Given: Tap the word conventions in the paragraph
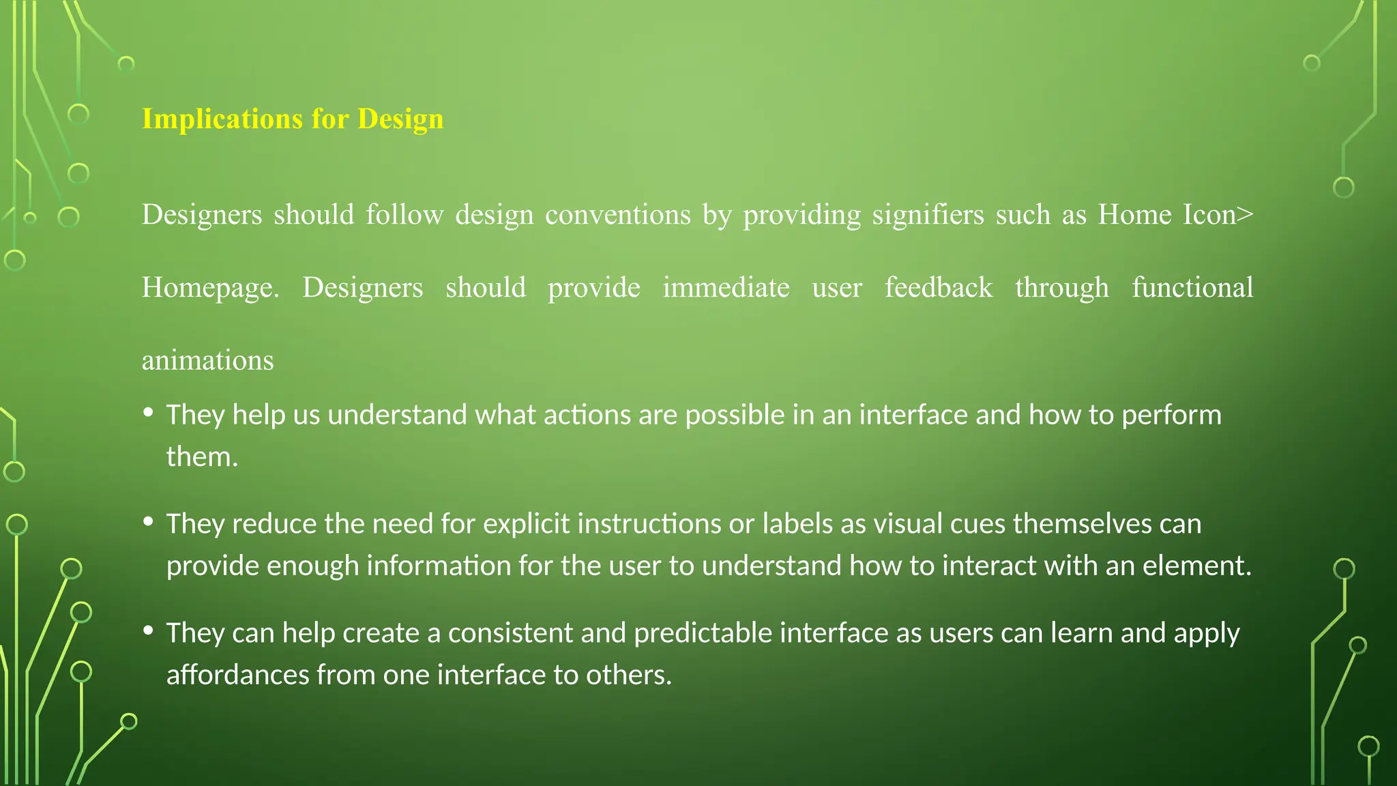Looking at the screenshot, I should [617, 215].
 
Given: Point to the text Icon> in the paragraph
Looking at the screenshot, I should [1218, 215].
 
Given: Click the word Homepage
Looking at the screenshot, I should [210, 288].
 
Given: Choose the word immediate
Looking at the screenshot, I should [726, 288].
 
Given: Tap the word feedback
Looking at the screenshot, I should [938, 288].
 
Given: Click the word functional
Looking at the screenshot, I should [1192, 288].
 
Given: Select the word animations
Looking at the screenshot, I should [207, 360].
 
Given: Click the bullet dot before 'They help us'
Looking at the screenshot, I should [148, 412].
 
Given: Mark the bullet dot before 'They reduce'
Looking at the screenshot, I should [148, 521].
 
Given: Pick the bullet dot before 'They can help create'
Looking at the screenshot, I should [148, 630].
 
